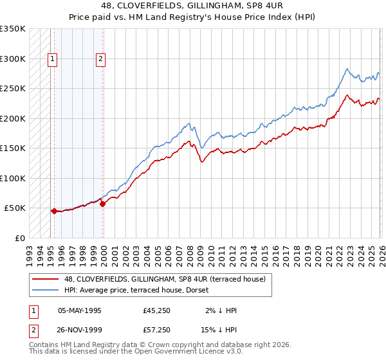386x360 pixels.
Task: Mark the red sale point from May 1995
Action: (x=53, y=211)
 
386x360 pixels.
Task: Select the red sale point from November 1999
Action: (x=102, y=204)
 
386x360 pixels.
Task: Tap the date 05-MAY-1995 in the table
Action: (x=80, y=310)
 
